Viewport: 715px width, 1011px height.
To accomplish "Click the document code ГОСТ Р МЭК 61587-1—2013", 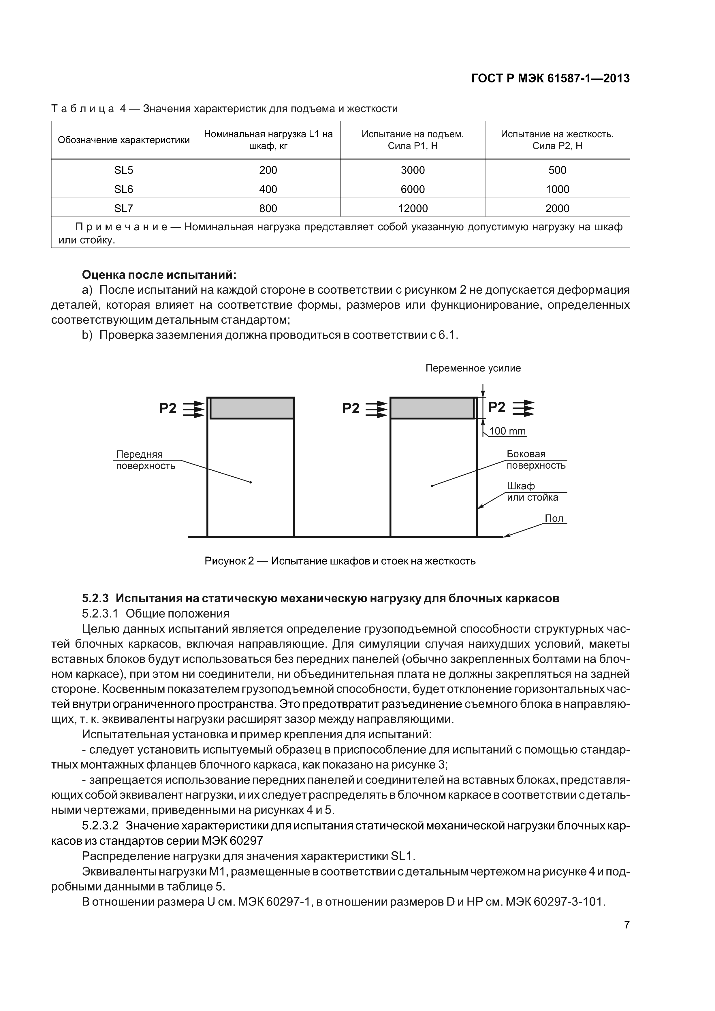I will click(x=550, y=78).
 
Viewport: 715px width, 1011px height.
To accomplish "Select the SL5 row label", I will click(x=123, y=170).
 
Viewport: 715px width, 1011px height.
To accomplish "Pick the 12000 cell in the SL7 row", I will click(x=413, y=208).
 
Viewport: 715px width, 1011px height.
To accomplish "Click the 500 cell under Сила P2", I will click(x=557, y=170).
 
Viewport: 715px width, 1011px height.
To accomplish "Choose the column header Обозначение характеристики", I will click(x=123, y=140).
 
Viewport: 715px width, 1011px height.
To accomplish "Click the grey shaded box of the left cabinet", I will click(x=252, y=408).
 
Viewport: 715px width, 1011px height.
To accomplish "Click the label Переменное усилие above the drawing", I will click(x=473, y=368).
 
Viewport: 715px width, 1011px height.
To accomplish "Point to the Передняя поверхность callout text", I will click(x=145, y=460).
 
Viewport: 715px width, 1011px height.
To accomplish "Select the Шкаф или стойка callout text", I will click(x=532, y=492).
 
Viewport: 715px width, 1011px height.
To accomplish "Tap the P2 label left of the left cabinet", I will click(x=168, y=409).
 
